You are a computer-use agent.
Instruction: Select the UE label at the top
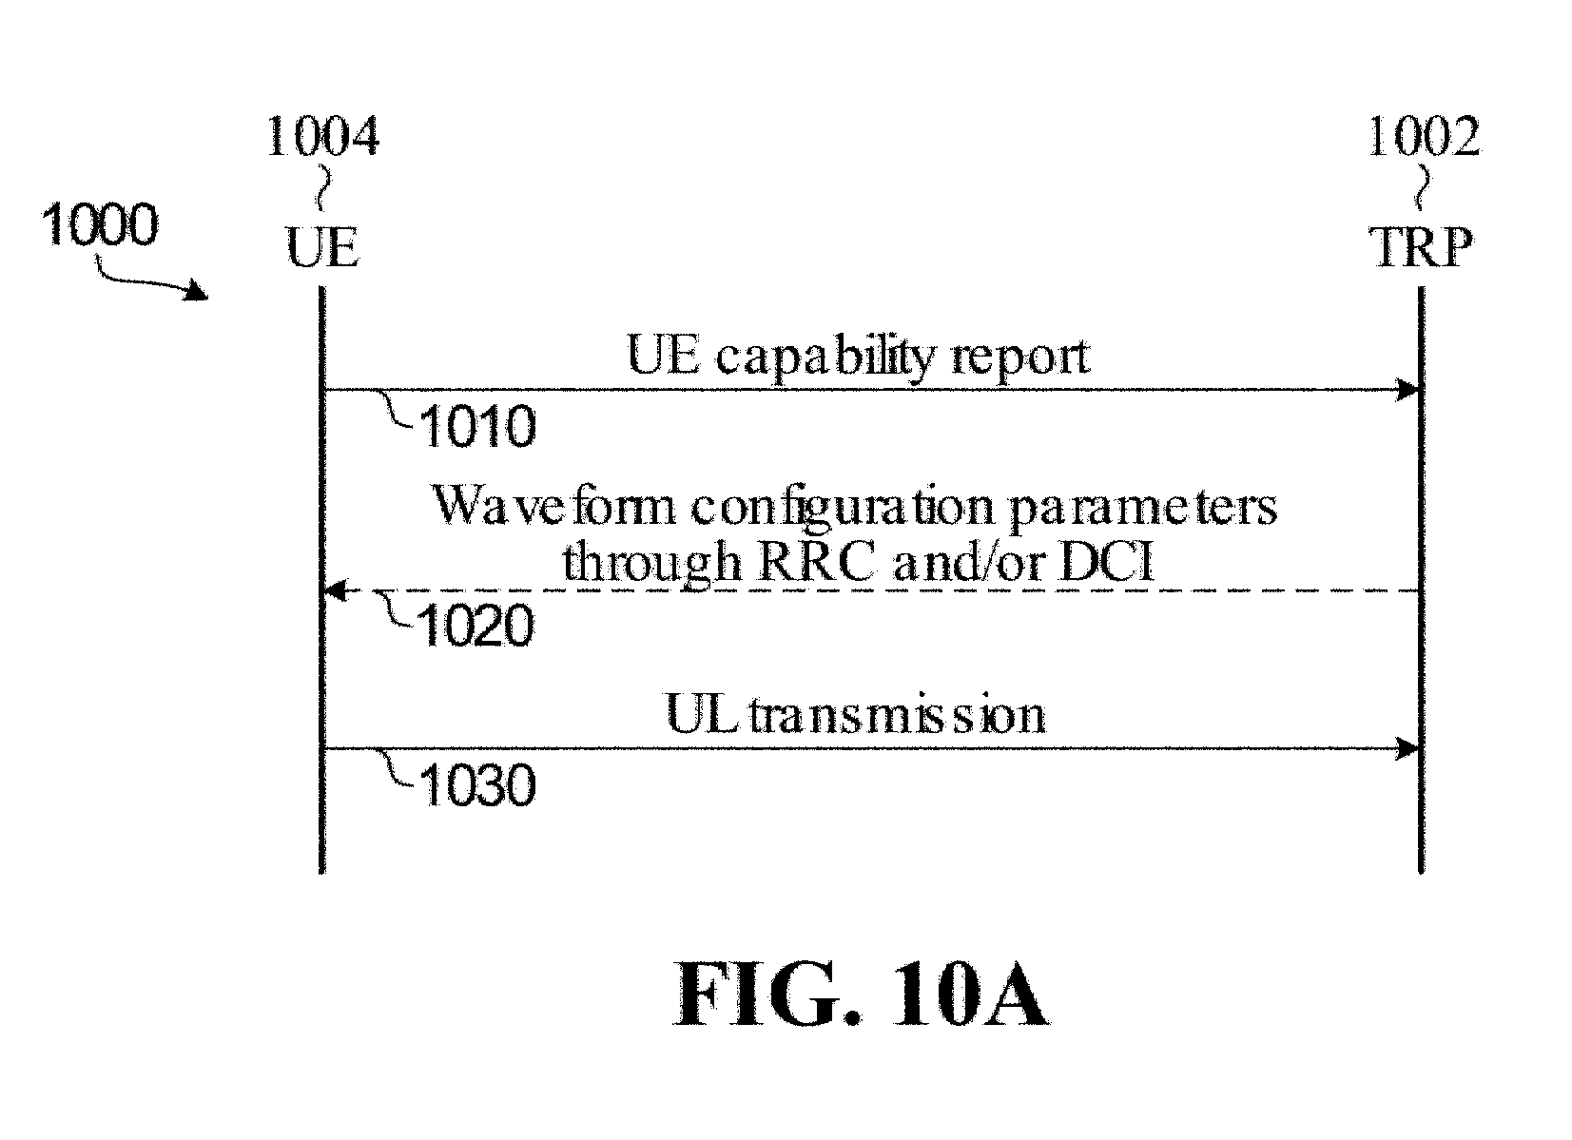(x=322, y=247)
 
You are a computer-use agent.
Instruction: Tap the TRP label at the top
(x=1421, y=247)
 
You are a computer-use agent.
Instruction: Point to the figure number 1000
(x=100, y=224)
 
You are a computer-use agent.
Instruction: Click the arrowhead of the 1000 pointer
(x=197, y=291)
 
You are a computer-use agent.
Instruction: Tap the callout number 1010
(x=477, y=426)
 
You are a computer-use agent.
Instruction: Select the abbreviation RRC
(x=817, y=563)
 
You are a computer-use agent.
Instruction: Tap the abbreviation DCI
(x=1107, y=563)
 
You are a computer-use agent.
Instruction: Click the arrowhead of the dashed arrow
(x=336, y=590)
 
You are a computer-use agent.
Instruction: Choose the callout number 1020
(x=475, y=627)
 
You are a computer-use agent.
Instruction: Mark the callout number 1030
(x=477, y=785)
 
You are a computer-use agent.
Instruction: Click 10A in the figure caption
(x=971, y=995)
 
